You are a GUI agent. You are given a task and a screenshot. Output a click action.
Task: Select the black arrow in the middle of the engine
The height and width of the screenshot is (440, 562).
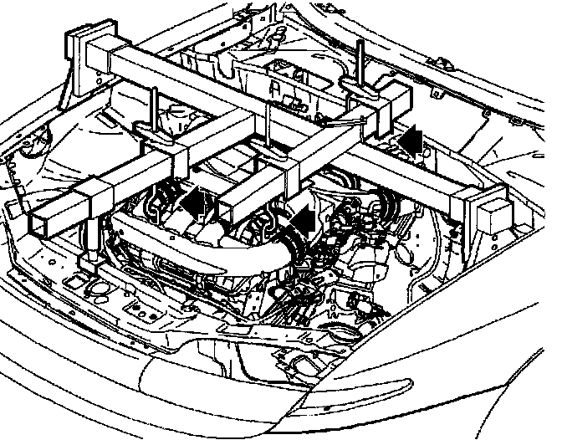click(303, 220)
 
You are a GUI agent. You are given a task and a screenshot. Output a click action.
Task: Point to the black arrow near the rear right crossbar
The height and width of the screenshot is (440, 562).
click(409, 139)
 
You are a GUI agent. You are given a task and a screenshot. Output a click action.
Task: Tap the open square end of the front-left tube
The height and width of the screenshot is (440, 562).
click(49, 220)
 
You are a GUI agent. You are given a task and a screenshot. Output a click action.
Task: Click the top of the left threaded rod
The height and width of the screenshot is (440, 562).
click(154, 90)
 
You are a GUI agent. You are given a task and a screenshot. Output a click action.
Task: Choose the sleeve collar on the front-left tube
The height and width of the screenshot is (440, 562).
click(90, 202)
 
